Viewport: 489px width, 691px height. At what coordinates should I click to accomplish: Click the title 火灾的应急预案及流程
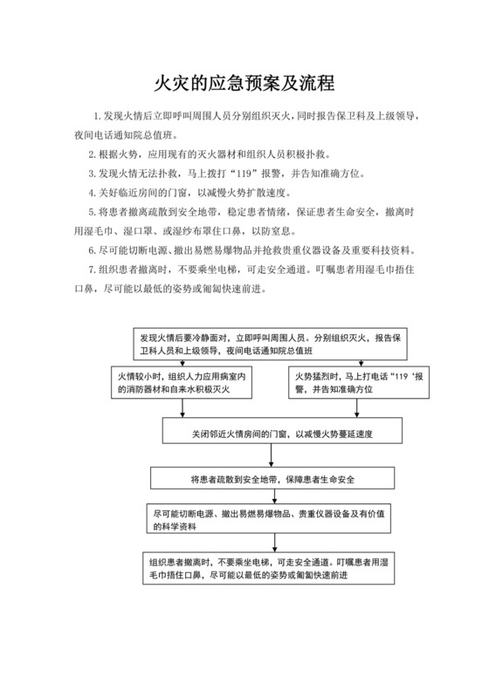click(x=244, y=84)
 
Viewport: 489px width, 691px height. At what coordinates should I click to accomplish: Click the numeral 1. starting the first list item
click(x=98, y=116)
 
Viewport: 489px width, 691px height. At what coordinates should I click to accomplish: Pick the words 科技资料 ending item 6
click(x=392, y=250)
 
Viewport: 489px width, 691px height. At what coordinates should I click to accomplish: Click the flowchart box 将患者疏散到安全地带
click(x=270, y=479)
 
